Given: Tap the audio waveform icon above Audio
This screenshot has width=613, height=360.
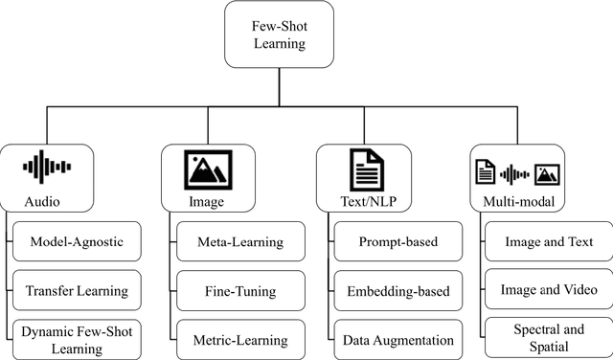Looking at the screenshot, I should click(x=47, y=167).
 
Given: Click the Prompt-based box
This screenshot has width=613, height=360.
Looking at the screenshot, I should click(x=399, y=242).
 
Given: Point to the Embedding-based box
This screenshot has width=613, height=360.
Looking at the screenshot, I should click(x=399, y=290).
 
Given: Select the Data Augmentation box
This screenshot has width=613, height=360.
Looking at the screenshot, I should click(x=399, y=339).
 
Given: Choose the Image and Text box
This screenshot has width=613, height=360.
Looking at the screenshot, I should click(x=550, y=242).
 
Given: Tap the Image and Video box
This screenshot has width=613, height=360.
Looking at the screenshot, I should click(x=550, y=290).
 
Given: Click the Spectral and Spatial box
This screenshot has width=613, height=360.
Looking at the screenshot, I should click(x=550, y=339).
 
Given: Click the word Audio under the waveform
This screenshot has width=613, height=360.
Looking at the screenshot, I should click(x=44, y=203).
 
